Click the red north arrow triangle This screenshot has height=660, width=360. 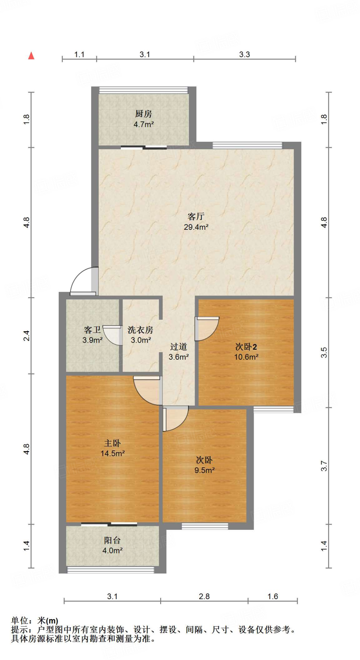pyautogui.click(x=31, y=56)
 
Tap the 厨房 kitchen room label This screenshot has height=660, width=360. pyautogui.click(x=143, y=114)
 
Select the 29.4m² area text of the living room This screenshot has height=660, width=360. pyautogui.click(x=196, y=227)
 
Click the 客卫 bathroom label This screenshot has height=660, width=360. pyautogui.click(x=92, y=330)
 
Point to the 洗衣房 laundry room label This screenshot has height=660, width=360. pyautogui.click(x=140, y=330)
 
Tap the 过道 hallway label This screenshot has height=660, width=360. pyautogui.click(x=179, y=347)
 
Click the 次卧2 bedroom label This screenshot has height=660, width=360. pyautogui.click(x=246, y=347)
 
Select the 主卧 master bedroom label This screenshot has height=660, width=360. pyautogui.click(x=112, y=443)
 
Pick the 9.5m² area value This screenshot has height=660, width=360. pyautogui.click(x=204, y=470)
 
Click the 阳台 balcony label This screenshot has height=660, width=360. pyautogui.click(x=112, y=540)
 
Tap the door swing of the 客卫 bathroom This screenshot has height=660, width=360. pyautogui.click(x=113, y=336)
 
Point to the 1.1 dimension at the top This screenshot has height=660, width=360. pyautogui.click(x=79, y=54)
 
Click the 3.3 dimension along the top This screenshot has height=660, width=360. pyautogui.click(x=244, y=54)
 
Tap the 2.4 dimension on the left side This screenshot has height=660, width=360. pyautogui.click(x=26, y=335)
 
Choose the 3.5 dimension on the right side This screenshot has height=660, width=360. pyautogui.click(x=324, y=352)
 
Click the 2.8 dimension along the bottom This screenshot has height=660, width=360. pyautogui.click(x=204, y=596)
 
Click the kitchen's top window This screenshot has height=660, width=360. pyautogui.click(x=143, y=90)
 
